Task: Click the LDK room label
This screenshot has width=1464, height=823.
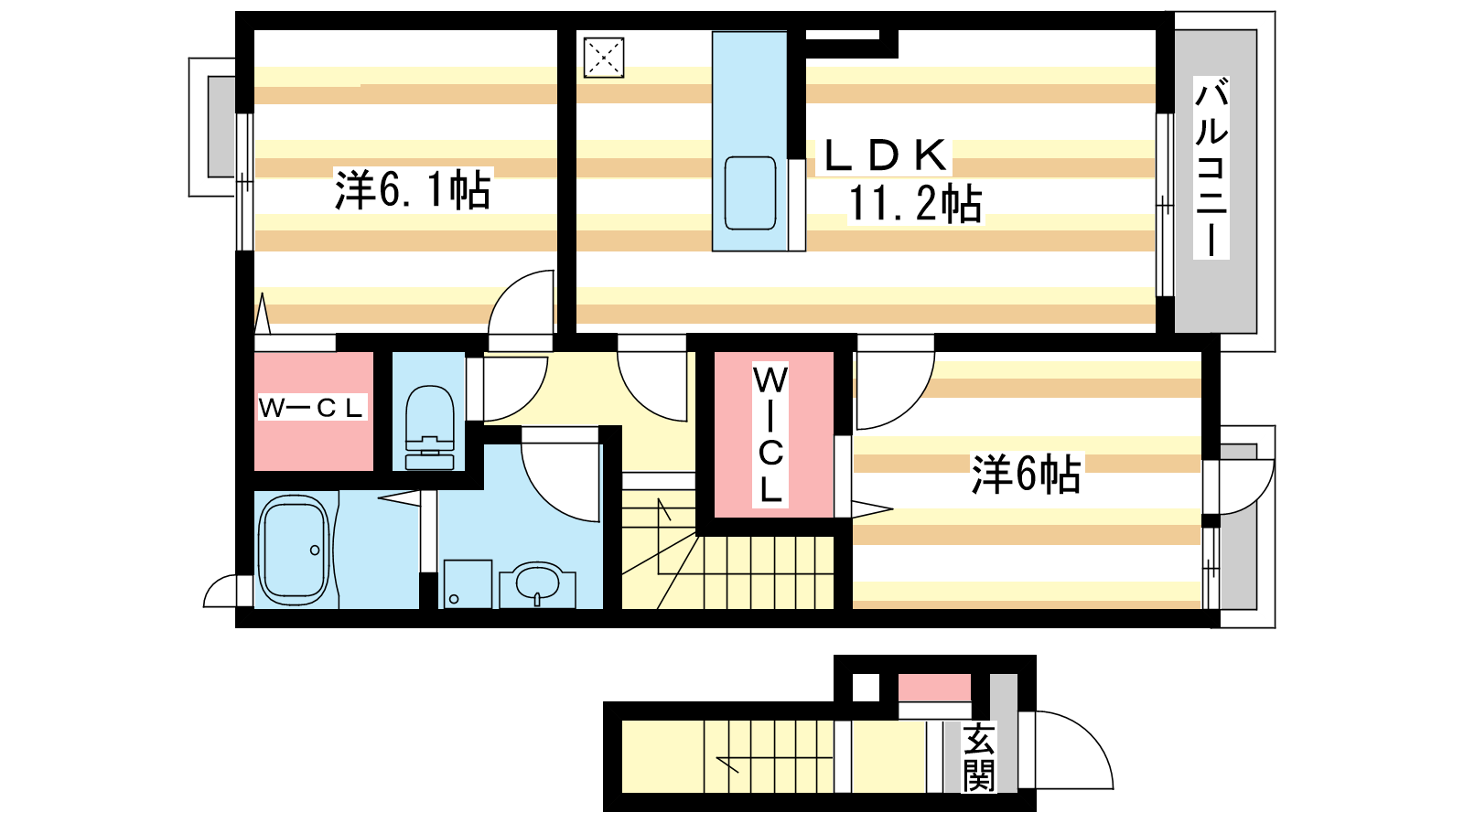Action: point(884,155)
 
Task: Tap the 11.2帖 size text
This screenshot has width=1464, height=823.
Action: point(914,204)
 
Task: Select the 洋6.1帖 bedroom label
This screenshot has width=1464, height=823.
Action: point(413,190)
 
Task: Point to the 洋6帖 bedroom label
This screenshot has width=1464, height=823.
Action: point(1026,474)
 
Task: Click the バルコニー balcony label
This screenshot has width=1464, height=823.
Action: point(1211,167)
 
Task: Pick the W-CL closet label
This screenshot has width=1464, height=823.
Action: point(310,408)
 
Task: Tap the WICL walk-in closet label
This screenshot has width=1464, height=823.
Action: point(770,435)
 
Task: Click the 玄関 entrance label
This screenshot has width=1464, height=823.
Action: point(978,756)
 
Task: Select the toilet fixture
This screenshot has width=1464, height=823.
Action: point(429,427)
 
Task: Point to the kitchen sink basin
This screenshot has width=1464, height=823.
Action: point(749,193)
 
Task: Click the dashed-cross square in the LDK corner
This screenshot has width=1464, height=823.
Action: point(603,58)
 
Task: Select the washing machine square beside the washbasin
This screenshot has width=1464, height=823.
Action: point(468,583)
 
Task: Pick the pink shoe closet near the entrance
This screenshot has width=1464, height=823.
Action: point(934,688)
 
